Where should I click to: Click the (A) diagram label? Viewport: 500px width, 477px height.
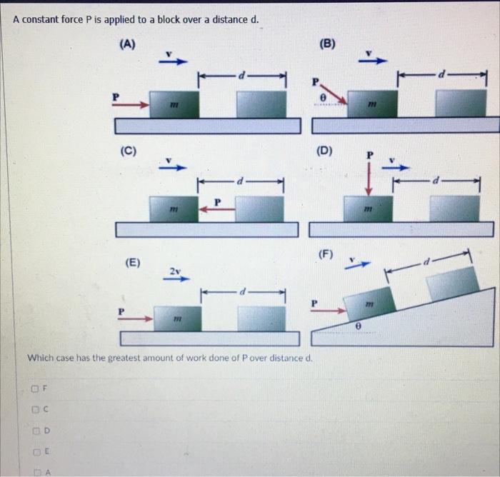click(x=127, y=44)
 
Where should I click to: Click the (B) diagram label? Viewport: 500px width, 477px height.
click(x=327, y=44)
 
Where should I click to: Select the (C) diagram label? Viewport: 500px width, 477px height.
click(x=129, y=151)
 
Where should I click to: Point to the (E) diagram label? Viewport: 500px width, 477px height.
click(x=134, y=262)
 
